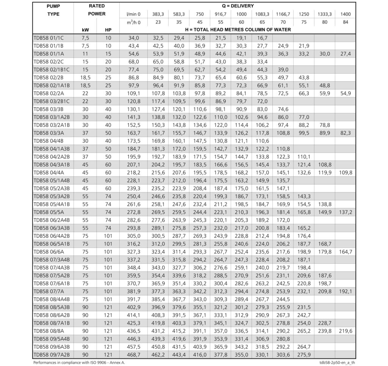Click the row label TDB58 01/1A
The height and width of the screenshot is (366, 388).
coord(49,54)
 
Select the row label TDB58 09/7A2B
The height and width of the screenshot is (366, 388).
coord(52,355)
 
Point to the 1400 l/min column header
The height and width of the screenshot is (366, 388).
coord(346,14)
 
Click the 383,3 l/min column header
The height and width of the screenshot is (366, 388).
coord(158,14)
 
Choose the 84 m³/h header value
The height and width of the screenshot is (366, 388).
coord(346,22)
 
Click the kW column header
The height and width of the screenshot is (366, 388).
coord(85,30)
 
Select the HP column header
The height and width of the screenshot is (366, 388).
coord(108,30)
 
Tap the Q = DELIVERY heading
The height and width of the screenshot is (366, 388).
coord(238,6)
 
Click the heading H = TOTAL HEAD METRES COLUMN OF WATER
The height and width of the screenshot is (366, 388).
coord(238,30)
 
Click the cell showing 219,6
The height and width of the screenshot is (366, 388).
coord(346,331)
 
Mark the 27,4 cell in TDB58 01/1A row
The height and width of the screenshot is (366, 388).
coord(346,54)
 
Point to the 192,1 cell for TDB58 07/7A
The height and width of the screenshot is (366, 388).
coord(346,291)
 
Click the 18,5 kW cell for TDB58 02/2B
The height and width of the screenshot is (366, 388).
coord(85,77)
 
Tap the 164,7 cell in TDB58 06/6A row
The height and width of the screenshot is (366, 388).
coord(346,251)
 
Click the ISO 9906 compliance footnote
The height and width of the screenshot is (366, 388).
coord(79,363)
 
